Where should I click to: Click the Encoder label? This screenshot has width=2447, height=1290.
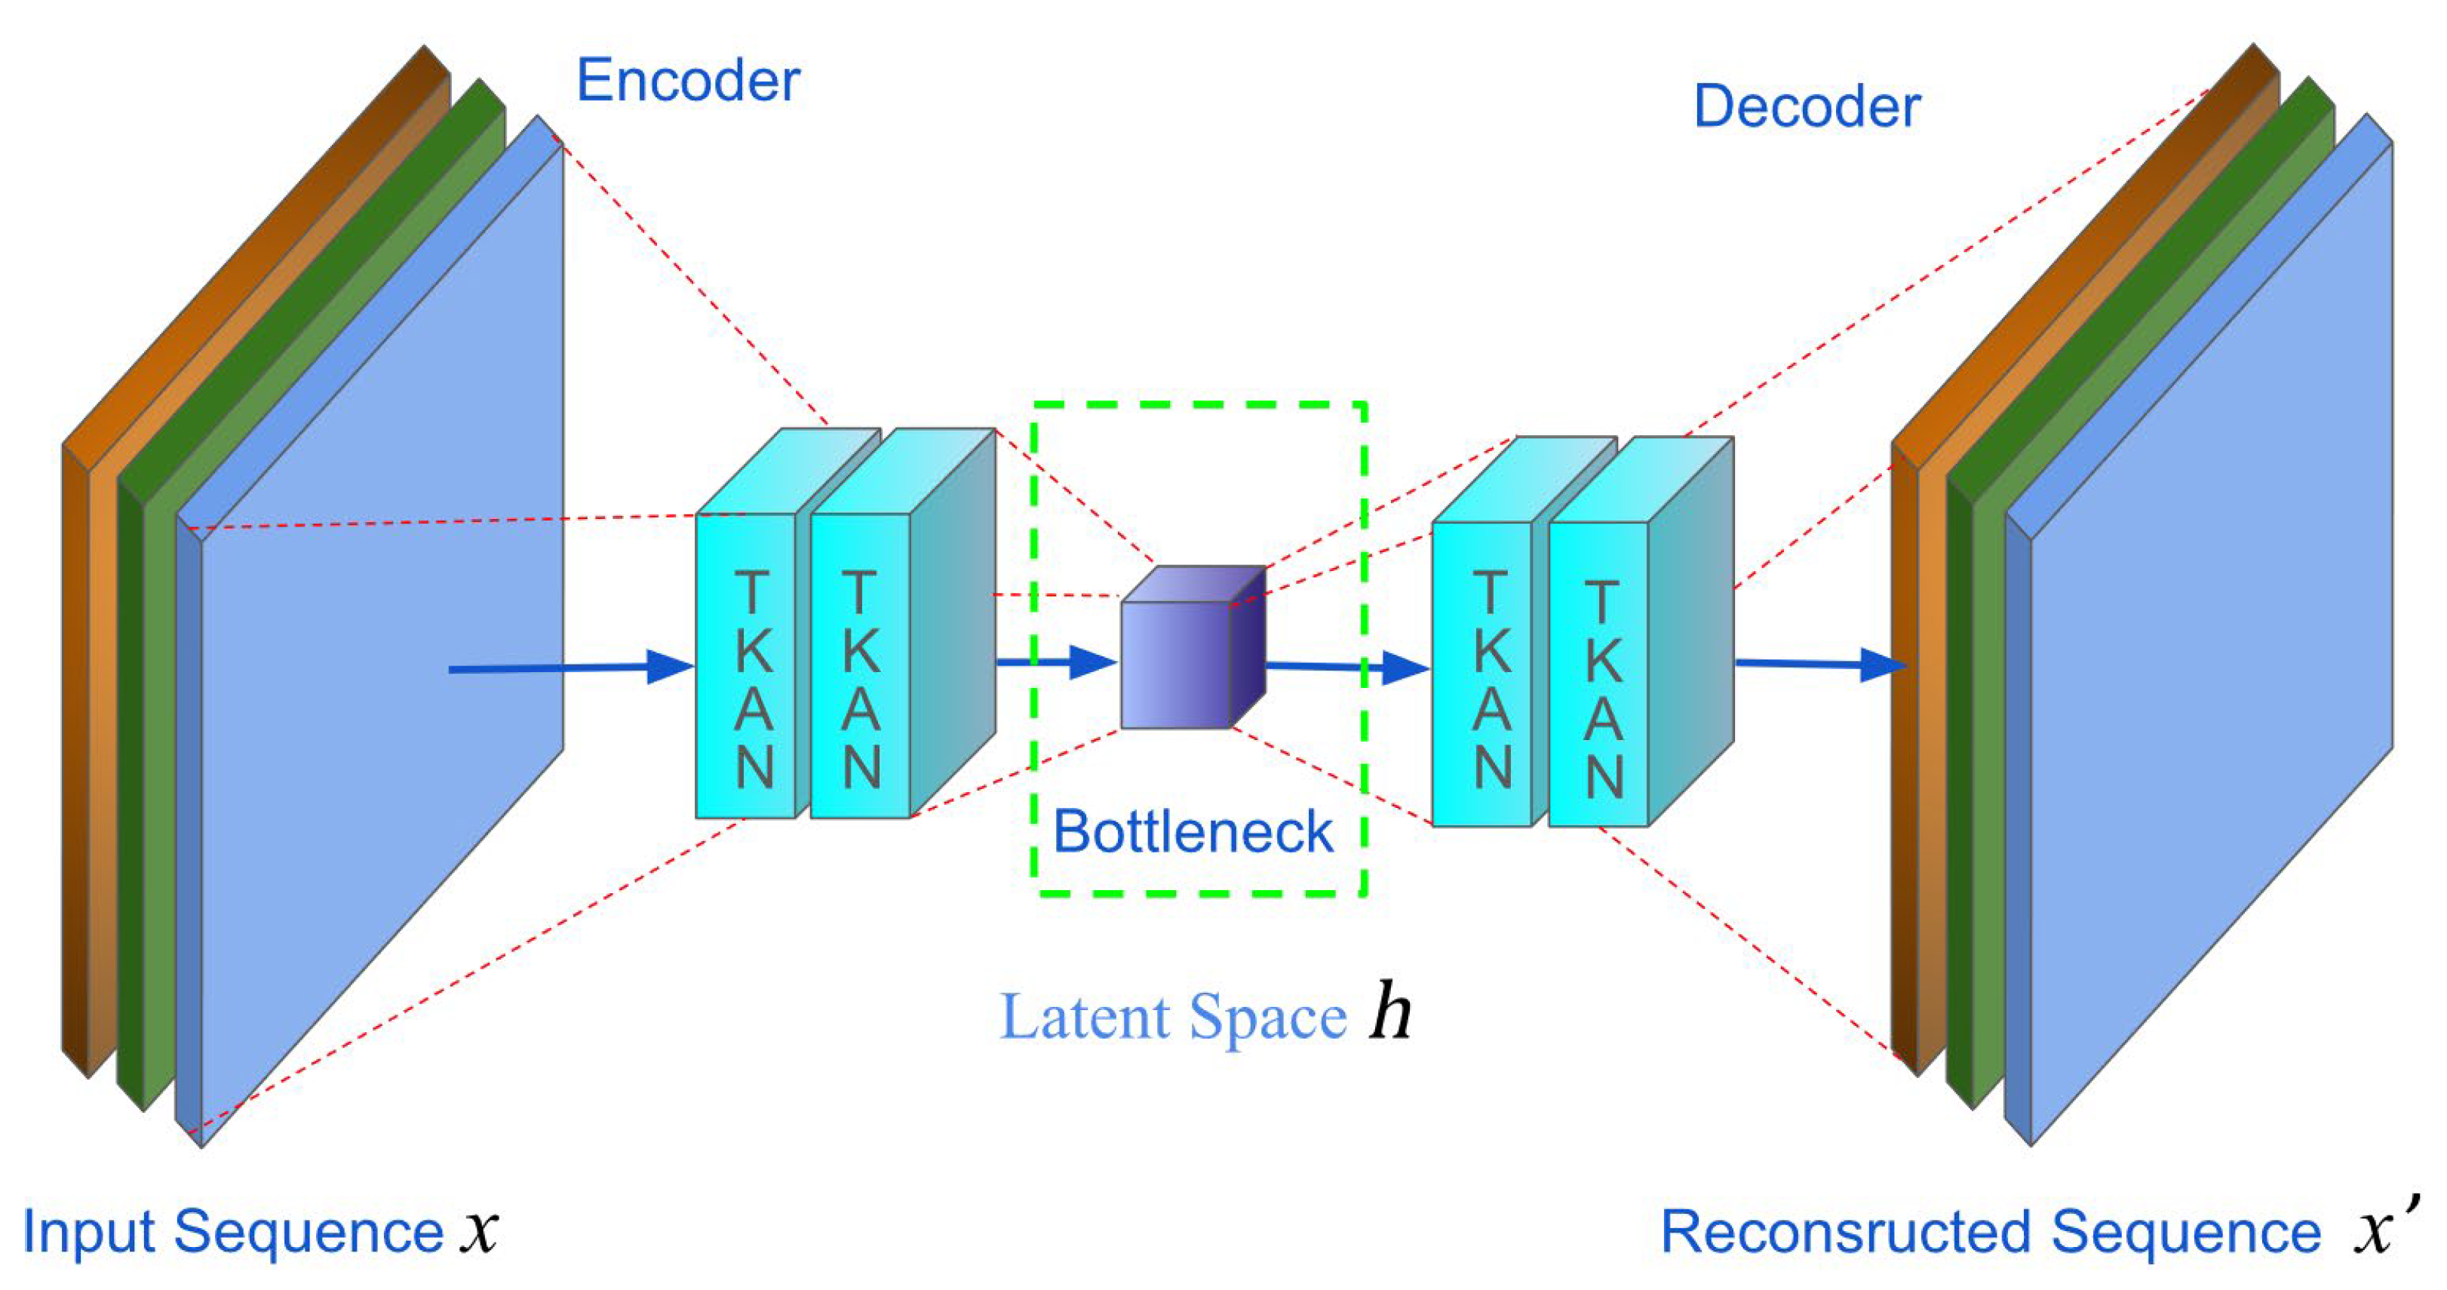[688, 81]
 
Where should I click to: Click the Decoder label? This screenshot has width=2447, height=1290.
[1806, 106]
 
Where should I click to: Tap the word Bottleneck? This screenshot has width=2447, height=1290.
[1193, 832]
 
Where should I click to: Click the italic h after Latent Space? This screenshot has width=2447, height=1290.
[1389, 1015]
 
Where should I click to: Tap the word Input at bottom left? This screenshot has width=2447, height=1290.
[91, 1233]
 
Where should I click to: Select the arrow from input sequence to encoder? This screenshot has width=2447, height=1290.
[570, 668]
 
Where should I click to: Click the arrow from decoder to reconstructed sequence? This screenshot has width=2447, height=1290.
[1819, 664]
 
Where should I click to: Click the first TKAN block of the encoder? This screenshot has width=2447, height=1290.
[746, 665]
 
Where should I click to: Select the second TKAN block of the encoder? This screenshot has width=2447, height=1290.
[860, 665]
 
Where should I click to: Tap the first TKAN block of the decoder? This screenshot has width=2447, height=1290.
[1482, 674]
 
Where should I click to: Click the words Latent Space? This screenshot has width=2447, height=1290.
[1173, 1018]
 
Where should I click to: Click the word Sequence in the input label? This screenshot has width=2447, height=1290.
[309, 1233]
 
